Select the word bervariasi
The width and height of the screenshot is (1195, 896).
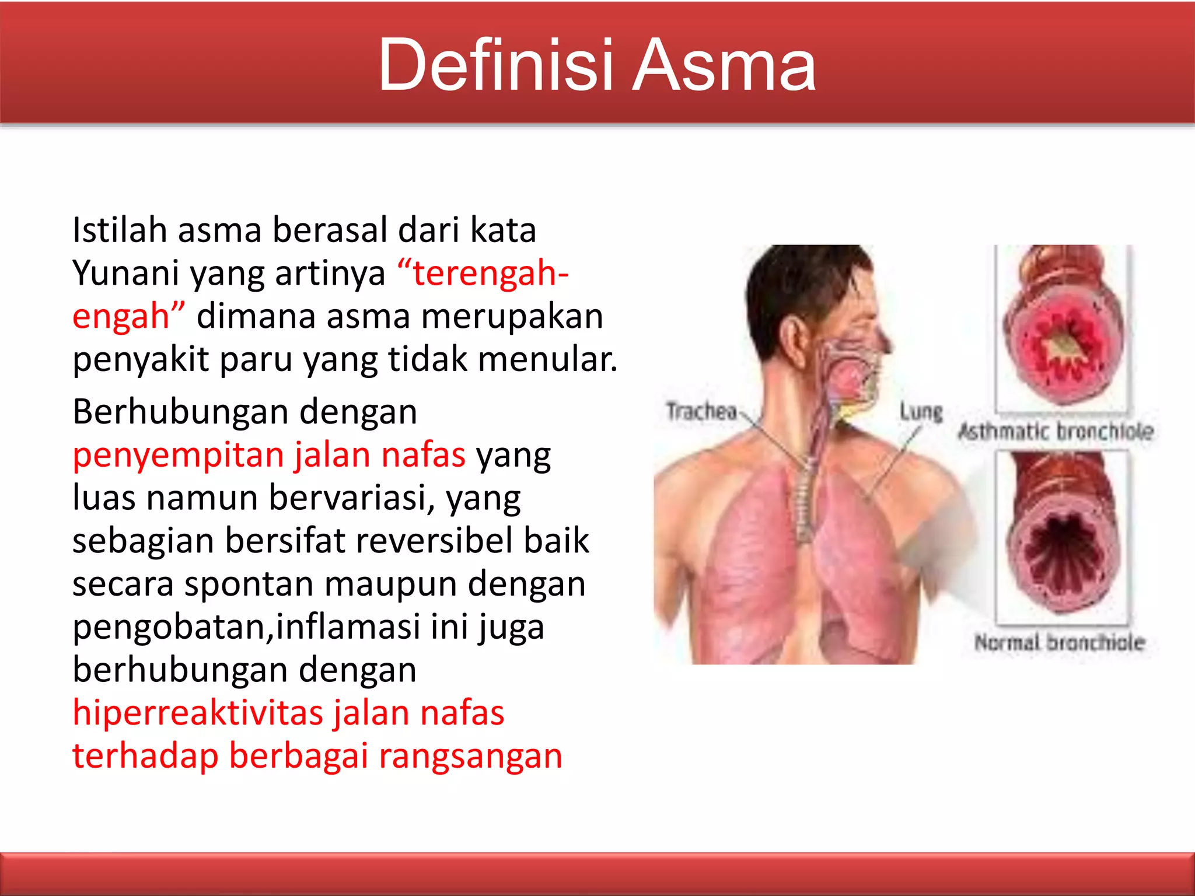pos(348,498)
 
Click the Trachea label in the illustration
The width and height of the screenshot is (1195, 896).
pos(701,411)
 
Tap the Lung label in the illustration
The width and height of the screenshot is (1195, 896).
pos(921,411)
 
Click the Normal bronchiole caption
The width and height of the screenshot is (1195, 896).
pos(1060,642)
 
